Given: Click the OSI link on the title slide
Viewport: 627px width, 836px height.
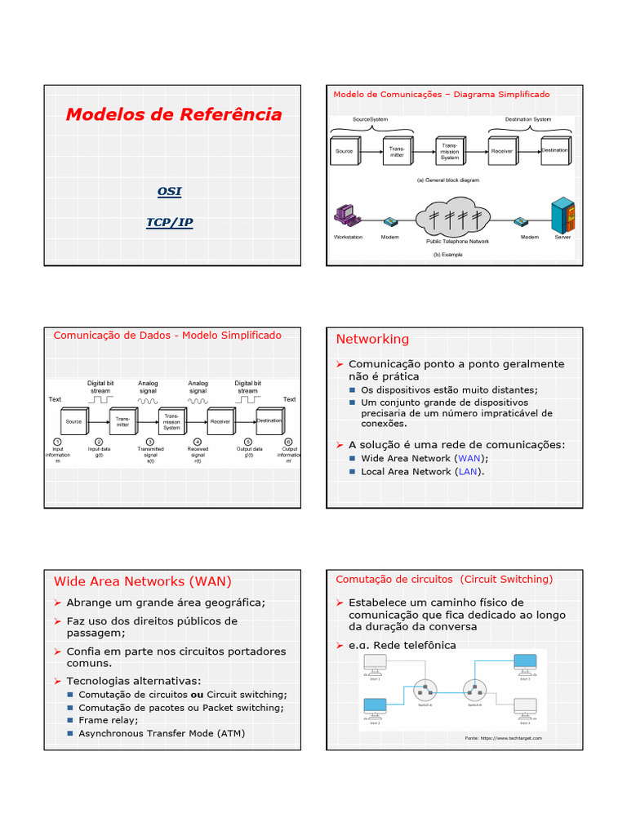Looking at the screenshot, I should (169, 191).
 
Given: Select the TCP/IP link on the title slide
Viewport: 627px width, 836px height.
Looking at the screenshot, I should (169, 222).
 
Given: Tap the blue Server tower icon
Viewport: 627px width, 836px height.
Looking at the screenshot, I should (563, 216).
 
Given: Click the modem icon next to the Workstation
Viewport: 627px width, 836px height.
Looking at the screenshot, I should (390, 221).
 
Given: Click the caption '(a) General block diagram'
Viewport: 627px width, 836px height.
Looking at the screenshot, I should (447, 180).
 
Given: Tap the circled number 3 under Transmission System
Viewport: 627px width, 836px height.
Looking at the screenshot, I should (150, 442).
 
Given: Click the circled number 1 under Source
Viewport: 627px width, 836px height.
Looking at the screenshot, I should (58, 442).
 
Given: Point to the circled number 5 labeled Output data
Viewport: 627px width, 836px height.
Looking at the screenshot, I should (248, 442).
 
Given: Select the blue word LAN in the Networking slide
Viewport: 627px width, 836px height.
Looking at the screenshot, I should (468, 471).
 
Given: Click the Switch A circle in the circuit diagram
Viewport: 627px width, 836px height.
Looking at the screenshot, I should (424, 691).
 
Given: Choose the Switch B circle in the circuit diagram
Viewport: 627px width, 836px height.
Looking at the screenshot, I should (474, 691).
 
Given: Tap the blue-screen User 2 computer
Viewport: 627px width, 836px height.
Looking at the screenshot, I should (375, 706).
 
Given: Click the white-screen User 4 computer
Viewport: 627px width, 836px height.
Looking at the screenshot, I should (524, 706).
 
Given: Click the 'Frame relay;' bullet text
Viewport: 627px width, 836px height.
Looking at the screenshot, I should (109, 720).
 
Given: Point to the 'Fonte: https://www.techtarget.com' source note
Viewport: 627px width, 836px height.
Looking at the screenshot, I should (503, 737).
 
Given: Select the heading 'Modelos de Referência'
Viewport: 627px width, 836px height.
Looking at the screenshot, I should (174, 114).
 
